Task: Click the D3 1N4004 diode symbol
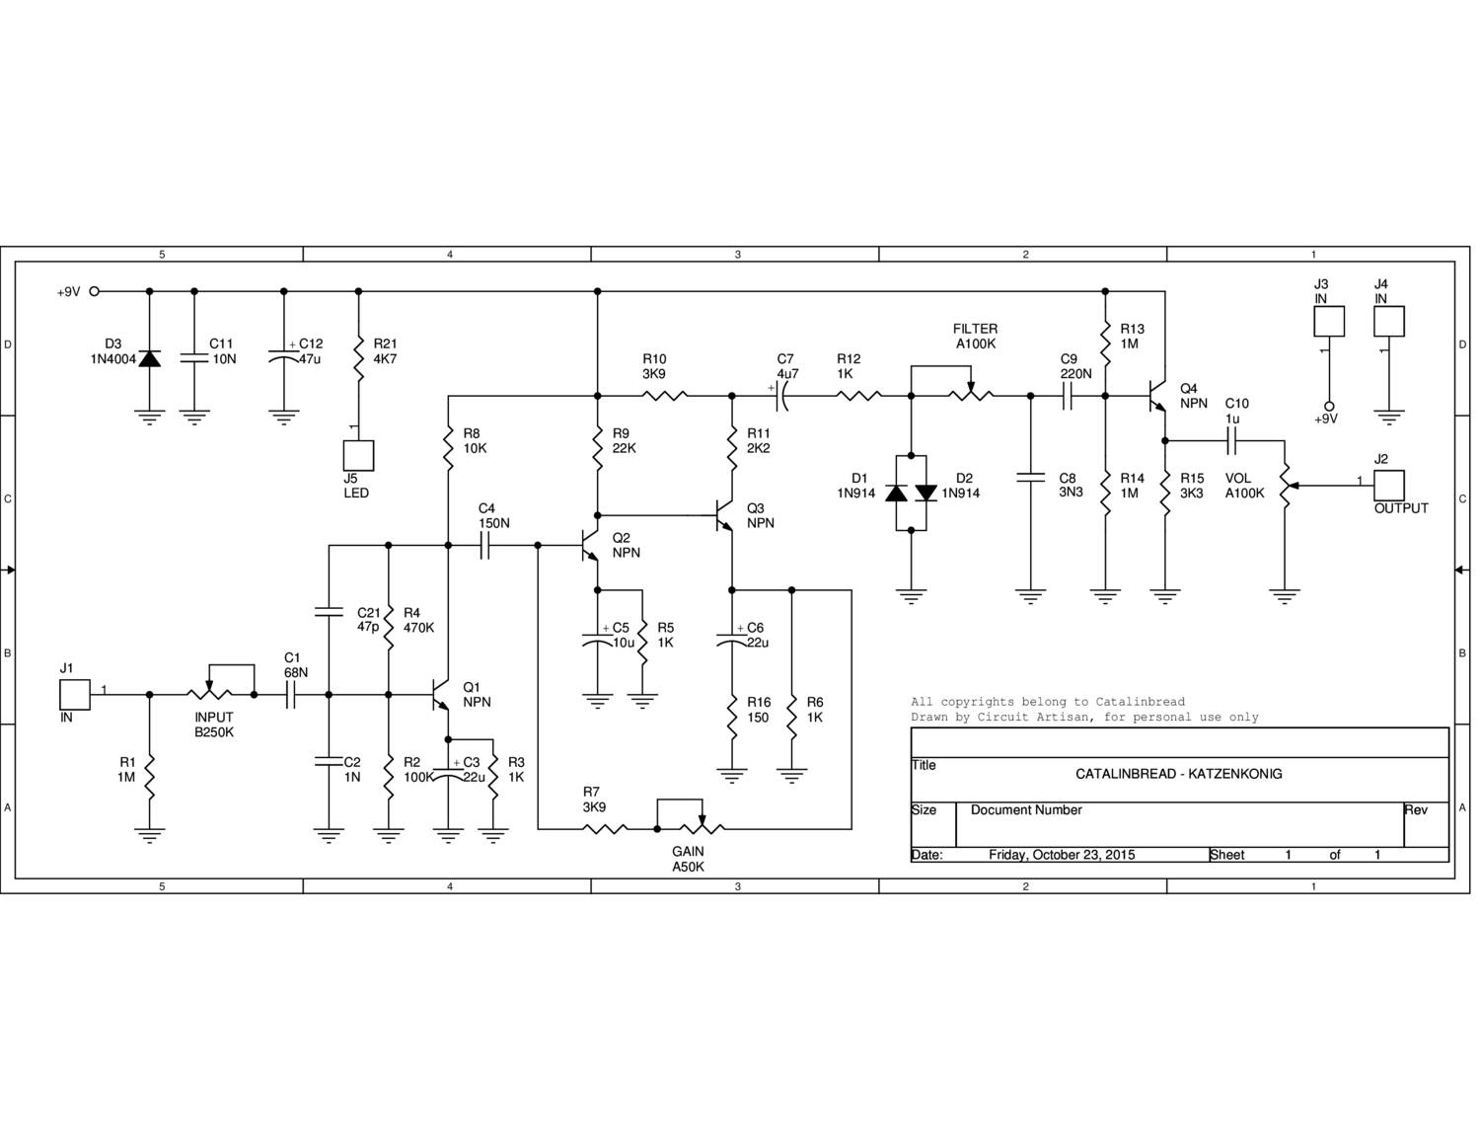click(x=149, y=358)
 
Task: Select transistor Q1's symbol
click(x=440, y=695)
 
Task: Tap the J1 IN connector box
click(x=75, y=694)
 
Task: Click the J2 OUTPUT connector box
click(x=1389, y=485)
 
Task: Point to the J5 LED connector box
click(x=358, y=455)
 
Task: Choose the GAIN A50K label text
click(x=688, y=860)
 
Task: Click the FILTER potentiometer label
click(x=975, y=337)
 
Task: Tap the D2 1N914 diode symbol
click(x=925, y=493)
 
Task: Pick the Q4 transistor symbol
click(x=1158, y=396)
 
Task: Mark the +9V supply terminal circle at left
click(x=95, y=291)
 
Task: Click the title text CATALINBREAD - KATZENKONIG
click(x=1178, y=774)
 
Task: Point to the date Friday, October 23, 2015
click(x=1062, y=855)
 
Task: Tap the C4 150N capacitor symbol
click(x=484, y=545)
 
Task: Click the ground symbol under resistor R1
click(x=149, y=836)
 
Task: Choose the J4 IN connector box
click(x=1389, y=321)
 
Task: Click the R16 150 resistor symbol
click(x=732, y=717)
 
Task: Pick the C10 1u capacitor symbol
click(x=1230, y=440)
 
